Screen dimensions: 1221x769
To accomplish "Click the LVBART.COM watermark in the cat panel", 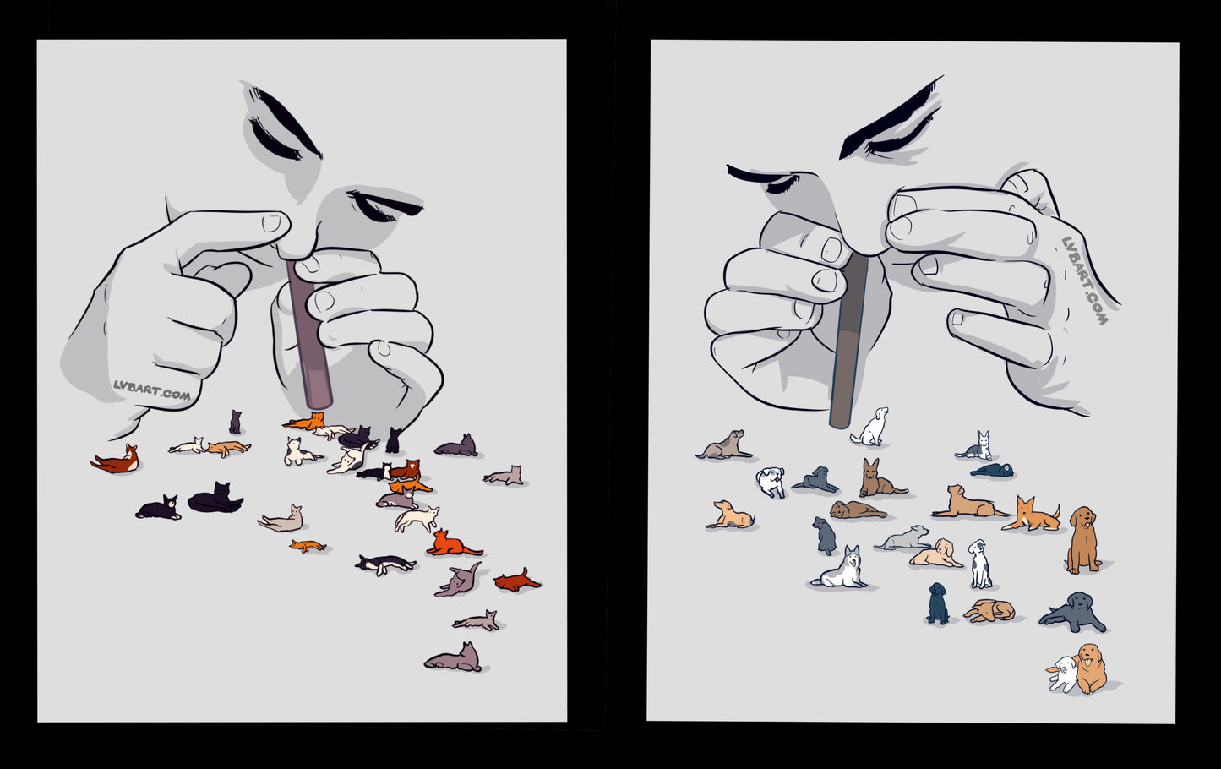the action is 152,390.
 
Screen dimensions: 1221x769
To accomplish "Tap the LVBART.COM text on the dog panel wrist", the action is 1084,280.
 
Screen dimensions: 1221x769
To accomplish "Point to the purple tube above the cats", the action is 309,334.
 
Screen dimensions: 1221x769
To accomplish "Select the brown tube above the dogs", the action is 849,340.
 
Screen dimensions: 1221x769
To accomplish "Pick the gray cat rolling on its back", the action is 459,581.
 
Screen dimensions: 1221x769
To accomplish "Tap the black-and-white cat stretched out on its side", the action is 385,564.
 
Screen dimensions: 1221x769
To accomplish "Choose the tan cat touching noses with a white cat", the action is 229,448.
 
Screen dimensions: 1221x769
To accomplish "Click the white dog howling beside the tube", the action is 870,427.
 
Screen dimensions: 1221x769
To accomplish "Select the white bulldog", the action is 771,481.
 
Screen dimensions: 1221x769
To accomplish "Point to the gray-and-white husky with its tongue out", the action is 840,568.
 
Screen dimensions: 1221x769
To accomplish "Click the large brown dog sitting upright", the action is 1082,539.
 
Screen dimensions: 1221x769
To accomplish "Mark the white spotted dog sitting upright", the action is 979,564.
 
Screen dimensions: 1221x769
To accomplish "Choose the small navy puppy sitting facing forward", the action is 938,603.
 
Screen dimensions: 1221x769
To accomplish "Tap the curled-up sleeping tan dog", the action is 989,610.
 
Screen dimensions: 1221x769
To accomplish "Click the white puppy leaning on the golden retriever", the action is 1062,674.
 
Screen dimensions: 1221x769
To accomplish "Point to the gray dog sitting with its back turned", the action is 825,535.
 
